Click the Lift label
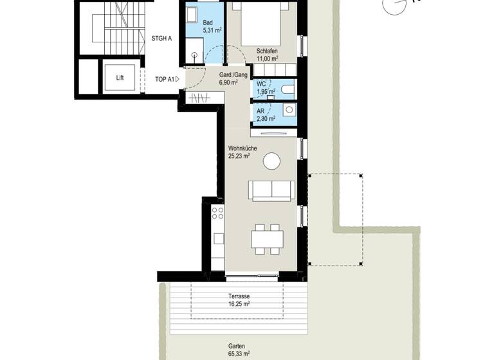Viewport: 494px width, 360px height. (120, 78)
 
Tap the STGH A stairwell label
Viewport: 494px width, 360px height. (161, 39)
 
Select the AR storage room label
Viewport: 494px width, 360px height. (261, 110)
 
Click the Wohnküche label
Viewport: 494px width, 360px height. (242, 148)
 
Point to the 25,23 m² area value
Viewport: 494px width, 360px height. (242, 156)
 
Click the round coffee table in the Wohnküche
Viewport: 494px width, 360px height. (271, 160)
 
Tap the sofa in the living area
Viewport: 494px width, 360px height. (271, 190)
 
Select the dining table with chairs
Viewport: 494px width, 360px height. (267, 239)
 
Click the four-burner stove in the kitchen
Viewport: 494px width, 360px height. (218, 213)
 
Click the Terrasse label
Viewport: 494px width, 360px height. (239, 297)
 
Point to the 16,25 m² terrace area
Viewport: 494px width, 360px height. (239, 305)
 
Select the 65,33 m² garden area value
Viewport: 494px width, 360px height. (239, 353)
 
